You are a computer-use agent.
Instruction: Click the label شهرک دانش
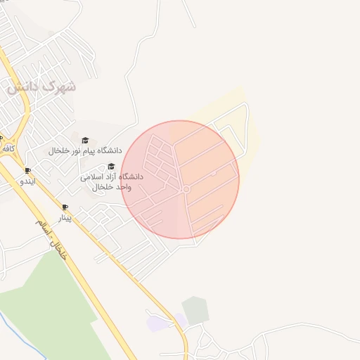41,88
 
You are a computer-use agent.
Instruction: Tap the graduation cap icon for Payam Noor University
85,140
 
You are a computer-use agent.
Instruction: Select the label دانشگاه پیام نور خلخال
85,150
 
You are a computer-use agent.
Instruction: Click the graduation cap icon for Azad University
110,166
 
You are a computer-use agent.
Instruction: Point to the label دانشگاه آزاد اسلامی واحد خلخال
112,181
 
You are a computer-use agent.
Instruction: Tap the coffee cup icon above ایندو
27,171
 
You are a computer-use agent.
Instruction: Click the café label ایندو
27,181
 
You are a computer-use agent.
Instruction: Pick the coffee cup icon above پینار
65,207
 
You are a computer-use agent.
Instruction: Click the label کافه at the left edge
8,148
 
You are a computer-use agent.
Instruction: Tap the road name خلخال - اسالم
53,240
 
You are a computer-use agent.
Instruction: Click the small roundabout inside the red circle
186,190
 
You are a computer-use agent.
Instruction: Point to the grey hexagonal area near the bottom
195,310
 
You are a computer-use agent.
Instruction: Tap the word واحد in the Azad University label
129,187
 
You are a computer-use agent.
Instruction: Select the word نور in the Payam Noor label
80,150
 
